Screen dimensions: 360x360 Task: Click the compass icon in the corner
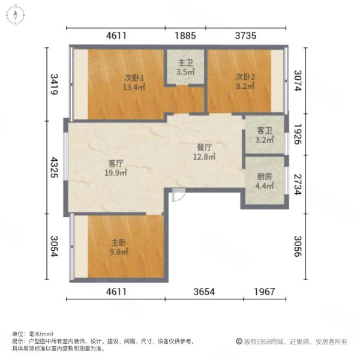[15, 14]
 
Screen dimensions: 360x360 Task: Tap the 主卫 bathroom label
[186, 63]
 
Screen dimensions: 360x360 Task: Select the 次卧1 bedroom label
[134, 77]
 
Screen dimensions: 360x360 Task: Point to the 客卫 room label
[265, 130]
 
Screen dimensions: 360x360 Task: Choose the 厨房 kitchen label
[265, 177]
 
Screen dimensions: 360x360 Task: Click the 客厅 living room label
[116, 163]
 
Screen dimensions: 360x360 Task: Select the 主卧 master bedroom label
[117, 244]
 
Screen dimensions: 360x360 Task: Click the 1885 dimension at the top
[186, 35]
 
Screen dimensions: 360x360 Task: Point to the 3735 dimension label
[246, 35]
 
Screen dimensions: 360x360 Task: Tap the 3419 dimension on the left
[53, 85]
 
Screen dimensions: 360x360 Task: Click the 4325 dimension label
[53, 168]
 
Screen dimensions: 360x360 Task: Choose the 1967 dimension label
[265, 292]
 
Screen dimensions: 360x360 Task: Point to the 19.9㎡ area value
[116, 173]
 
